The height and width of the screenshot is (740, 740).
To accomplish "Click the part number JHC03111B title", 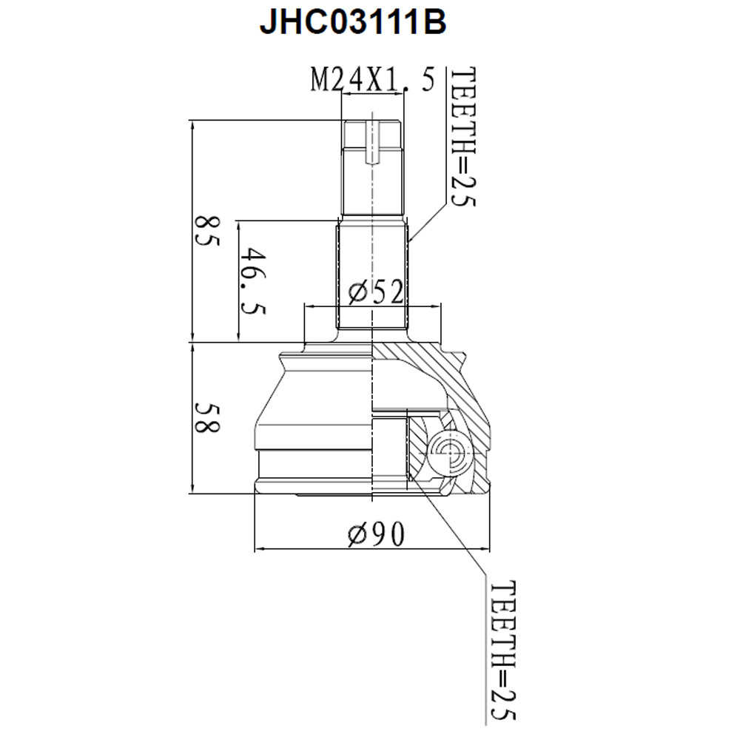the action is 352,22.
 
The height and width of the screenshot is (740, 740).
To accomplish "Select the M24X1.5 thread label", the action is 372,79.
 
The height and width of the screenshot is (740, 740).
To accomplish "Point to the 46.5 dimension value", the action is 253,282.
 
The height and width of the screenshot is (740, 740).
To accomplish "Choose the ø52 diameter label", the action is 376,292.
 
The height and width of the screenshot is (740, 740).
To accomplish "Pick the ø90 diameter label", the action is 376,534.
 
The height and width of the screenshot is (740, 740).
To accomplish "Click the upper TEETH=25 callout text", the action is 463,137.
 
